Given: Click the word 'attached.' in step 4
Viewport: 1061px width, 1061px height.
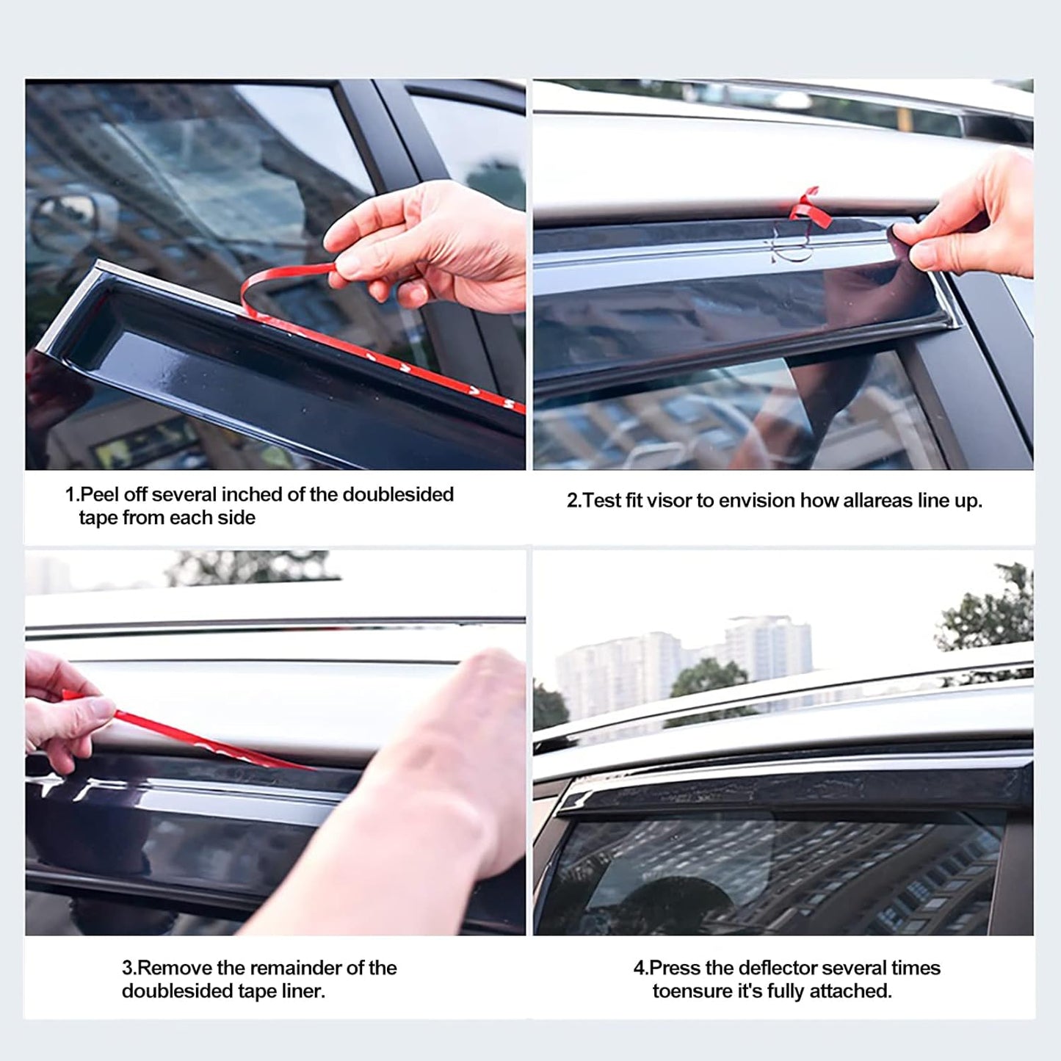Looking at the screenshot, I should tap(855, 991).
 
